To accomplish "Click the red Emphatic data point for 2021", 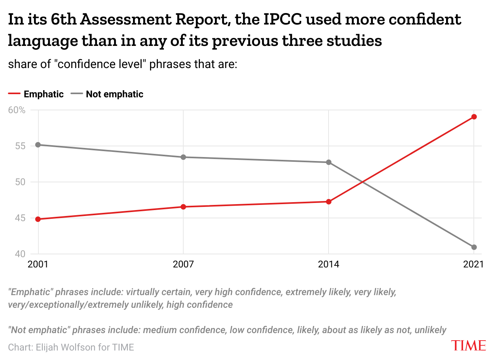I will [474, 117].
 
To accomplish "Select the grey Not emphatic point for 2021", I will [474, 247].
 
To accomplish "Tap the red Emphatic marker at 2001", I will [38, 219].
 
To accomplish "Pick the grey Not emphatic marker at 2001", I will [38, 145].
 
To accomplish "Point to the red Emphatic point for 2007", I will [183, 207].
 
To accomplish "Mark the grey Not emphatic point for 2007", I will [183, 157].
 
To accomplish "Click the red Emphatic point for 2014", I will [329, 202].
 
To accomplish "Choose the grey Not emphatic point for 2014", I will [329, 162].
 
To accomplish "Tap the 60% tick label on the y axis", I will [17, 110].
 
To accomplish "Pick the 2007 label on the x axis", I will [183, 264].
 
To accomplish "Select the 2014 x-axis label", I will [329, 264].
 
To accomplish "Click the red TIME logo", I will [469, 345].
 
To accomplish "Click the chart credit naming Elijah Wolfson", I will [71, 347].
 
